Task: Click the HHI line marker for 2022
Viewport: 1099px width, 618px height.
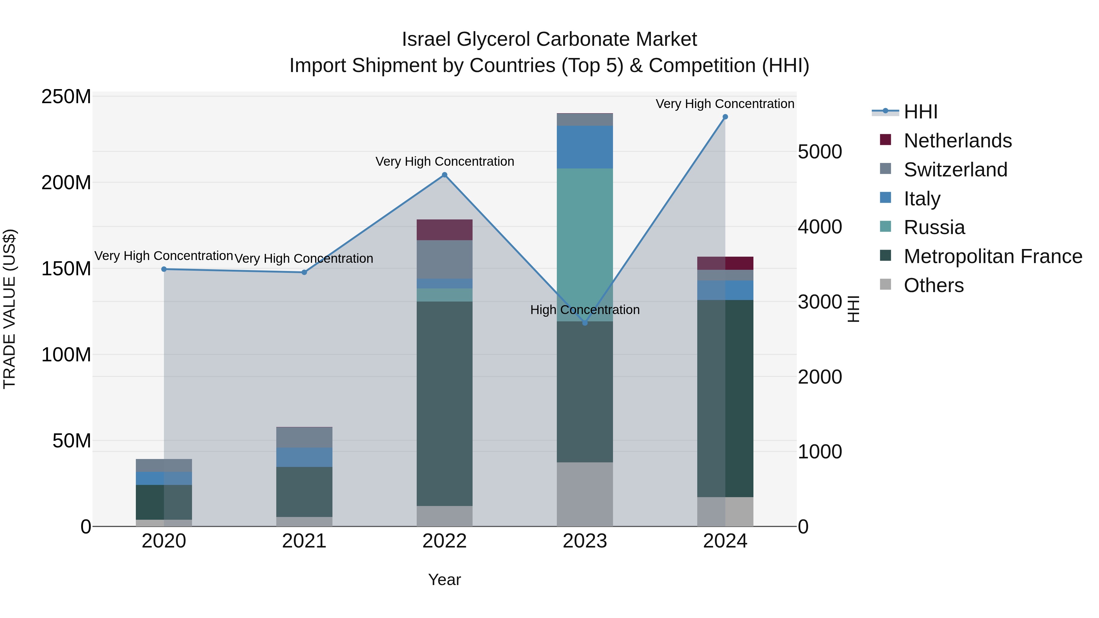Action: (444, 175)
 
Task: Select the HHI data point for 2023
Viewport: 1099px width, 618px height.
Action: (585, 323)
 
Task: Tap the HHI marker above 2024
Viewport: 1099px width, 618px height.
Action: (725, 117)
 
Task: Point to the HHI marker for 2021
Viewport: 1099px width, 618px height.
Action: (304, 272)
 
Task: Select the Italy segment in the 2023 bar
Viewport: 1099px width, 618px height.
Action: (585, 147)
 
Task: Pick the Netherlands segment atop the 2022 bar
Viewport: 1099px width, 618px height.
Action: (444, 230)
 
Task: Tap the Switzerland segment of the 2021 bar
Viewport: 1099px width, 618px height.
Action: (304, 437)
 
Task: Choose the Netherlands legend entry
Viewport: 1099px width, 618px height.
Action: (957, 141)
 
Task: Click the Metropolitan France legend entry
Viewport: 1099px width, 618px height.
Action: (992, 256)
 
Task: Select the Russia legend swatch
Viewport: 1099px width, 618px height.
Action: (885, 227)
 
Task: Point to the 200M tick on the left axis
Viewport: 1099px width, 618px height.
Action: (66, 183)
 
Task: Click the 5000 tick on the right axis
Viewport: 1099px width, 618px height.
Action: (820, 152)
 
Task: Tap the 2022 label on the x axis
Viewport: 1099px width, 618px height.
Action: (444, 541)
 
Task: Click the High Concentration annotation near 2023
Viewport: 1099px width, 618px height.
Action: (585, 310)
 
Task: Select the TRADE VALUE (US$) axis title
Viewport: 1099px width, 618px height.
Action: (9, 309)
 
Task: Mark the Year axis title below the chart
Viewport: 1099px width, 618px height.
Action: (444, 580)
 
